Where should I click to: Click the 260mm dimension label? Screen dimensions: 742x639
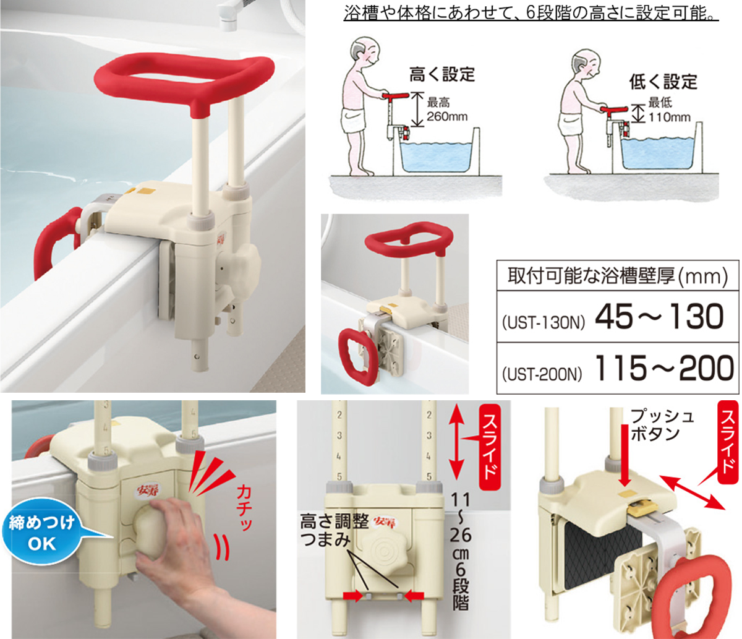[x=447, y=117]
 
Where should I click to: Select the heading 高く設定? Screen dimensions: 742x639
[x=442, y=74]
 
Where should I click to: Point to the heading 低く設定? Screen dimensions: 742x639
[x=663, y=82]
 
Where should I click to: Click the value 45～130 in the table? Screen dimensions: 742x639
[x=659, y=317]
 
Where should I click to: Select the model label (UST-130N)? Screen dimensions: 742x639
[x=544, y=324]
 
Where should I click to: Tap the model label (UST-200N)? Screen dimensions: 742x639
[x=542, y=375]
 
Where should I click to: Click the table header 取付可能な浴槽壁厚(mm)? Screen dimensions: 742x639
[x=618, y=277]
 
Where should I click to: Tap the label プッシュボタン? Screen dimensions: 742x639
[x=662, y=425]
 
